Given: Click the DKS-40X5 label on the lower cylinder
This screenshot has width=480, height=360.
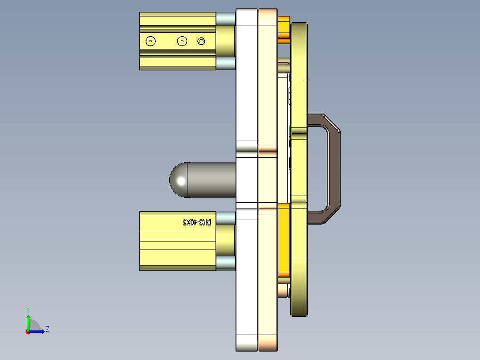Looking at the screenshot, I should [197, 222].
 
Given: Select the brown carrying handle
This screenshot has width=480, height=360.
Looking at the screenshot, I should [334, 169].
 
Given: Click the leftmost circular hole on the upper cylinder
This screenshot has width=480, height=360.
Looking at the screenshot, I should [151, 41].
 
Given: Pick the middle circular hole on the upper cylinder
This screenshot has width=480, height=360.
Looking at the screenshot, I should [182, 41].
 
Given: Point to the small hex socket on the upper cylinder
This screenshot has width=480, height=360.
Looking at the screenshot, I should [201, 41].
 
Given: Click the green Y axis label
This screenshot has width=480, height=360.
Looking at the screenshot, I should [28, 309].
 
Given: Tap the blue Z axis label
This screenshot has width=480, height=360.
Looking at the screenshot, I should [47, 329].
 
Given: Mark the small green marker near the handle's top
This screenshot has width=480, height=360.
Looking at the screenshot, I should [290, 130].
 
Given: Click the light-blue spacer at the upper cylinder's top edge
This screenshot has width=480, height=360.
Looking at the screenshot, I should [225, 19].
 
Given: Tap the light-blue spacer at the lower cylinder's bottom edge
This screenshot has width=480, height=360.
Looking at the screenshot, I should [225, 263].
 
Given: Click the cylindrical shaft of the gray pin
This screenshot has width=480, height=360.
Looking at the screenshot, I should [211, 180].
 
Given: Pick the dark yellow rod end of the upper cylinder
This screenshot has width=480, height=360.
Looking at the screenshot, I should [226, 41].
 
